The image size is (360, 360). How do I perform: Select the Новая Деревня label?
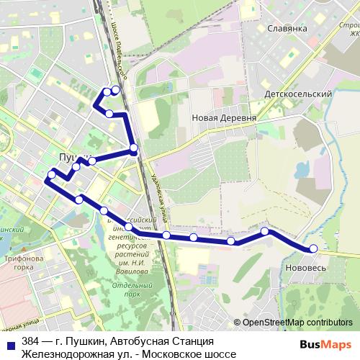[225, 117]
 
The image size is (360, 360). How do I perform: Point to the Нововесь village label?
[308, 267]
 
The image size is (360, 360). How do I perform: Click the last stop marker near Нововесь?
[313, 249]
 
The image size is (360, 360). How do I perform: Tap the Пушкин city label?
[70, 156]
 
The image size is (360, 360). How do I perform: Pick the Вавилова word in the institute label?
[129, 264]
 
